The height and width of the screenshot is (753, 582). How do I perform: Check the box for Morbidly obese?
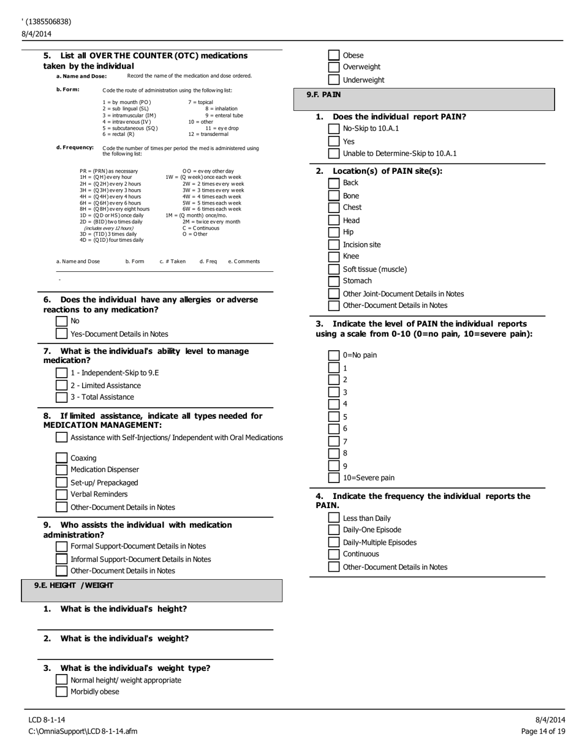(x=61, y=692)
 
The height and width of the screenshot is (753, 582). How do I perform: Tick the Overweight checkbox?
(x=334, y=67)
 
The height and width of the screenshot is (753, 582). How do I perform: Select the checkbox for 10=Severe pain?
(x=334, y=478)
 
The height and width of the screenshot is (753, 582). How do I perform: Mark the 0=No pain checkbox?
(x=334, y=355)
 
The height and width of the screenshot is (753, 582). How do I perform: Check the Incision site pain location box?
(x=334, y=245)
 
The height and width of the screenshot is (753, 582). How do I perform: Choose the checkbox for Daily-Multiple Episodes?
(x=334, y=542)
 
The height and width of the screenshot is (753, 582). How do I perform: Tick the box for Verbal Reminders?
(x=61, y=494)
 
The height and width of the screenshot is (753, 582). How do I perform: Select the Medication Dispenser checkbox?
(x=61, y=470)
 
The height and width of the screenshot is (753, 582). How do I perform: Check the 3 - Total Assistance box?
(x=61, y=397)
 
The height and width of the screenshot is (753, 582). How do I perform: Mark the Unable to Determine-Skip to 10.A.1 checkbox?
(x=334, y=154)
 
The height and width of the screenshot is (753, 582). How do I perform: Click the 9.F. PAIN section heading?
(x=323, y=95)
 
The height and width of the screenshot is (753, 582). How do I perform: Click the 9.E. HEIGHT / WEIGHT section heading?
(x=74, y=585)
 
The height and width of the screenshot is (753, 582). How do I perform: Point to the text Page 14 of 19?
(x=543, y=731)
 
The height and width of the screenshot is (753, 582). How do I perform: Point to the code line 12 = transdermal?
(x=208, y=133)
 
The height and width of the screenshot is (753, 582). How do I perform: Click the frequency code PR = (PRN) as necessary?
(x=108, y=171)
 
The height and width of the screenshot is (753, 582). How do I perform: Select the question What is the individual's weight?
(x=124, y=639)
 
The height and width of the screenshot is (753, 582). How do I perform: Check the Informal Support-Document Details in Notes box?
(x=61, y=559)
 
